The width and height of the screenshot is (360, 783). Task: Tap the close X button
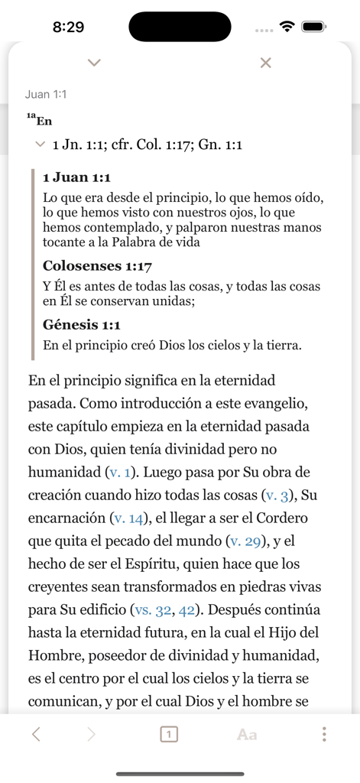[266, 63]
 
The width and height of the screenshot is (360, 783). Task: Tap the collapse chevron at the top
[94, 62]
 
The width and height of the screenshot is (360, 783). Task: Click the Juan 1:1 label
[46, 95]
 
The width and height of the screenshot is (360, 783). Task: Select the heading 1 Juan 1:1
[77, 177]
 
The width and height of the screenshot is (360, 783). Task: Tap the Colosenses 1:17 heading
[98, 266]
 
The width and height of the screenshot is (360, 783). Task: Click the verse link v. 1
[122, 473]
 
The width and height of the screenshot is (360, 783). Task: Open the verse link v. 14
[128, 518]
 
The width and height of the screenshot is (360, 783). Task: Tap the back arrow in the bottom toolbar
[36, 735]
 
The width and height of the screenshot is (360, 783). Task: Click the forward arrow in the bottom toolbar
[92, 735]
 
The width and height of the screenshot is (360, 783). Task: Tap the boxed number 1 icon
[170, 735]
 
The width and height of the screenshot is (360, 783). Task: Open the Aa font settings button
[247, 735]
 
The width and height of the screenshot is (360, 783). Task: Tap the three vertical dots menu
[324, 735]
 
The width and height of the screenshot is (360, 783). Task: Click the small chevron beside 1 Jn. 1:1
[39, 144]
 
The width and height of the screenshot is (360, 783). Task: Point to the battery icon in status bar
[314, 27]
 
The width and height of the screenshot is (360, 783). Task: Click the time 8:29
[68, 27]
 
